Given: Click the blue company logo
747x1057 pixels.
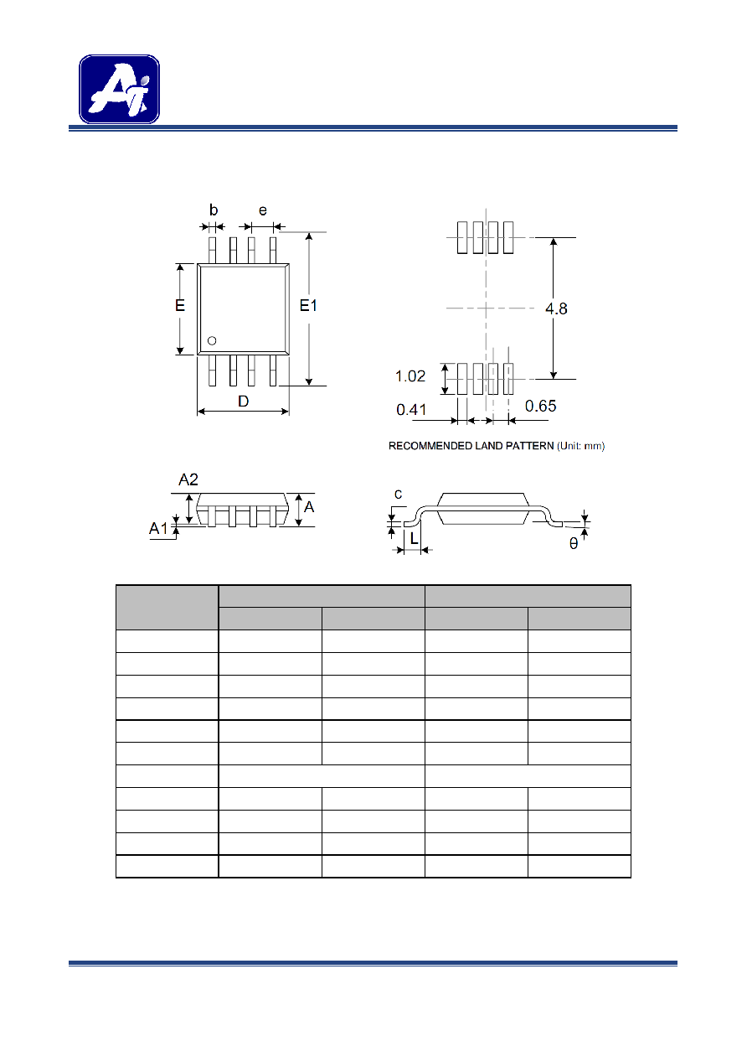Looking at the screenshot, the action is (119, 89).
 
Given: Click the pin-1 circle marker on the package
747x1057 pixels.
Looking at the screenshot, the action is (212, 340).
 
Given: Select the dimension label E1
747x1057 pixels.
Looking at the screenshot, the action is (309, 306).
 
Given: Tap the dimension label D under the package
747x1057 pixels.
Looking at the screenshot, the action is (243, 402).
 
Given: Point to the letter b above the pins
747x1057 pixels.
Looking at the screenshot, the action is (214, 210).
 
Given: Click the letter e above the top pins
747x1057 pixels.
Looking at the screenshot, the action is (263, 210).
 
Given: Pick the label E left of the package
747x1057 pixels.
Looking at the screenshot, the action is (180, 306).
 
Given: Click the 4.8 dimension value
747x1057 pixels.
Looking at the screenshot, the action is (556, 308).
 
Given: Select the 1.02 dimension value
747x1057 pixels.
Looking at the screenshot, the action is (410, 376).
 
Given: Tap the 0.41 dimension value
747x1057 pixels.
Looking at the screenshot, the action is (411, 410).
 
